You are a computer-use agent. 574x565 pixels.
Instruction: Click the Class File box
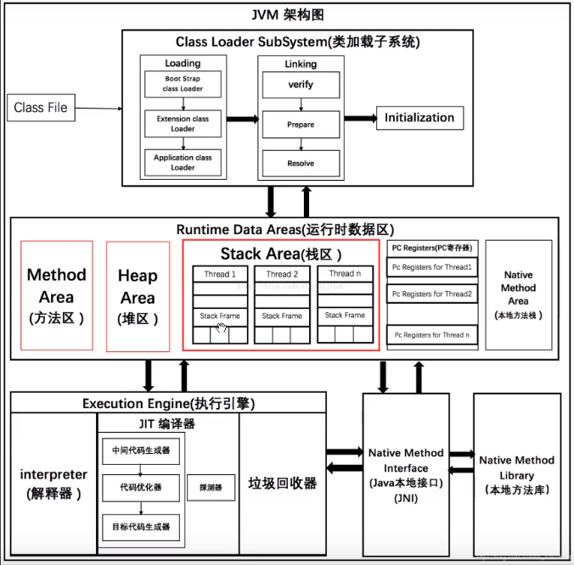[40, 108]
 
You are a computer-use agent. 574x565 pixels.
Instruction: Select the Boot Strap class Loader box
[183, 84]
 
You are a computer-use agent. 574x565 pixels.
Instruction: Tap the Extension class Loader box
[183, 124]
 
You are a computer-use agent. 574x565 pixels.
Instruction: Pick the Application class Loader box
[183, 162]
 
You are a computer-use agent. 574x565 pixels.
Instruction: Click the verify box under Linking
[301, 85]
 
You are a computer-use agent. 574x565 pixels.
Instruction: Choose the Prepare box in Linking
[301, 125]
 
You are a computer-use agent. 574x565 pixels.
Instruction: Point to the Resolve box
[301, 163]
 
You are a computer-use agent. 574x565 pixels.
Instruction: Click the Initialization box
[419, 118]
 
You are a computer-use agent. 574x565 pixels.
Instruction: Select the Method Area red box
[57, 296]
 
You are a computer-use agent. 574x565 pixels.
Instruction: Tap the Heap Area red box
[138, 296]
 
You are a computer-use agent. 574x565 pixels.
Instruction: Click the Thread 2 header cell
[282, 274]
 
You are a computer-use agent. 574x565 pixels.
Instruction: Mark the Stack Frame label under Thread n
[345, 316]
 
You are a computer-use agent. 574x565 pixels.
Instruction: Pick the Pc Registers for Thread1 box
[431, 268]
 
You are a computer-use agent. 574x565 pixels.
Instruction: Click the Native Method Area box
[518, 294]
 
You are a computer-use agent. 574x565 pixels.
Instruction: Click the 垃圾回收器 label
[282, 483]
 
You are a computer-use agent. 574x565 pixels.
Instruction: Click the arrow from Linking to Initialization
[357, 119]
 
